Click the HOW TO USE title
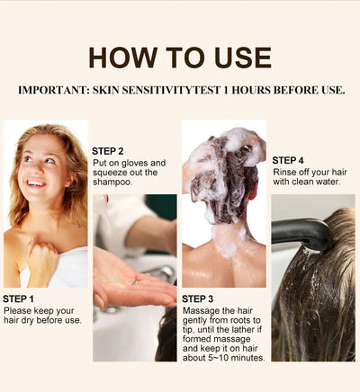coord(180,57)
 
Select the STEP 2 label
coord(108,150)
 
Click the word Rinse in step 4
coord(285,173)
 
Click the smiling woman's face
coord(40,171)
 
